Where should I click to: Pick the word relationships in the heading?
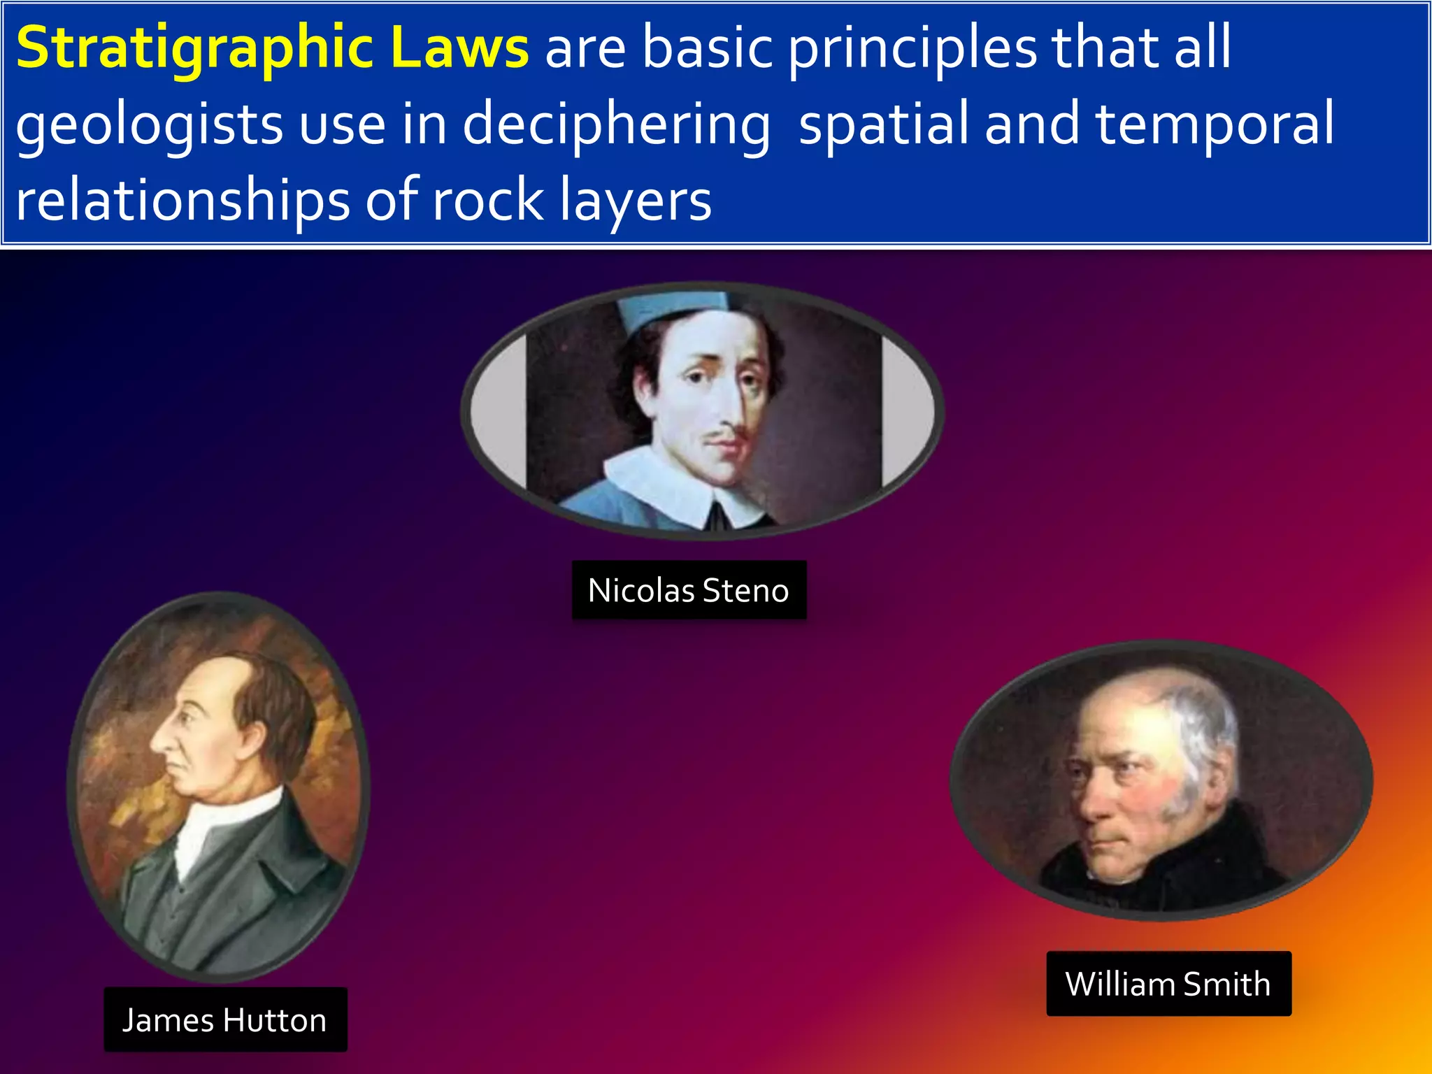182,201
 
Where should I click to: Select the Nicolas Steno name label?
689,590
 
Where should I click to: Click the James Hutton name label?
225,1019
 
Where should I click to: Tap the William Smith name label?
1168,983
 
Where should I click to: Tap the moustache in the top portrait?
724,439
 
